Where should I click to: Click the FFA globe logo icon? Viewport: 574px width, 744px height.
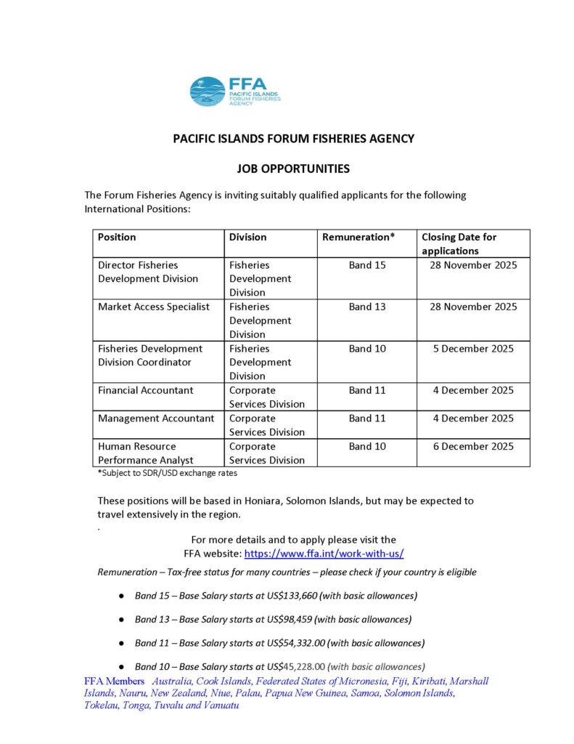[x=208, y=92]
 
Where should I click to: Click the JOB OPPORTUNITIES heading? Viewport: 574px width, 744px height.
[x=293, y=169]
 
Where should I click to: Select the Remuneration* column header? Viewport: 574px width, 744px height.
[x=358, y=237]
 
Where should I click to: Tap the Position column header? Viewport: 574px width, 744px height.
[x=117, y=237]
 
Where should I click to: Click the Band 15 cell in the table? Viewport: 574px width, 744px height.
[x=367, y=265]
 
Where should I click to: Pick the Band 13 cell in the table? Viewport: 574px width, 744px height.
[x=367, y=307]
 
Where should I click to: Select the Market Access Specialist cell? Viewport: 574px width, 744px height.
[x=154, y=307]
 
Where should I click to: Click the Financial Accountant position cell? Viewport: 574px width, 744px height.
[x=145, y=390]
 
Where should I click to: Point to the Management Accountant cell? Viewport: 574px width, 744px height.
[x=156, y=418]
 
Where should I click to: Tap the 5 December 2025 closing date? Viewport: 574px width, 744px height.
[x=473, y=349]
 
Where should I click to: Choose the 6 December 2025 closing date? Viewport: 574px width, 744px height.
[x=473, y=446]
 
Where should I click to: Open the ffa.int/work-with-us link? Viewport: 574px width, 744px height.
[x=324, y=554]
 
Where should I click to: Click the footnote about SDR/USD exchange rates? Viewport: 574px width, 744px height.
[x=168, y=473]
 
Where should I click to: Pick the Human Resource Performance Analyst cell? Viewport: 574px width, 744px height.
[x=145, y=453]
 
